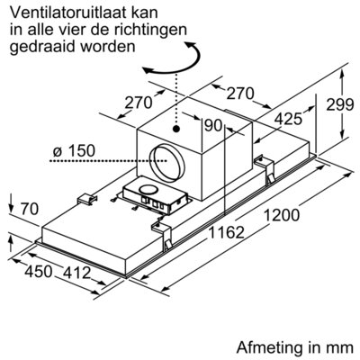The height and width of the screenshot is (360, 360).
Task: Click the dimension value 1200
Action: tap(282, 215)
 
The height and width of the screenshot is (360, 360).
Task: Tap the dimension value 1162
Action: tap(226, 232)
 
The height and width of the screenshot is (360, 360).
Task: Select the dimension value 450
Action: tap(39, 272)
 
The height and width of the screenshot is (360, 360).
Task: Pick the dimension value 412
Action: tap(76, 273)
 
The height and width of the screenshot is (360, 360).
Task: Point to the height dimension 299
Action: tap(340, 104)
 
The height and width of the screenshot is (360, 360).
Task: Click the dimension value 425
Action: tap(288, 119)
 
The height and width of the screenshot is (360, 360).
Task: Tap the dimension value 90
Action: tap(212, 125)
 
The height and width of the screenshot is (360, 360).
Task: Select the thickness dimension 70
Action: tap(30, 209)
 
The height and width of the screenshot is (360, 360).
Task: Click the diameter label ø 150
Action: tap(74, 150)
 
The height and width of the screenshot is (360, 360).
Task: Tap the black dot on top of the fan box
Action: tap(176, 129)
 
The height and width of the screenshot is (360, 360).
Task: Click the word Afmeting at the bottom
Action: tap(269, 347)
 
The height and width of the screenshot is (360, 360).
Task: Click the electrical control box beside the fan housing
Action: tap(156, 198)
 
